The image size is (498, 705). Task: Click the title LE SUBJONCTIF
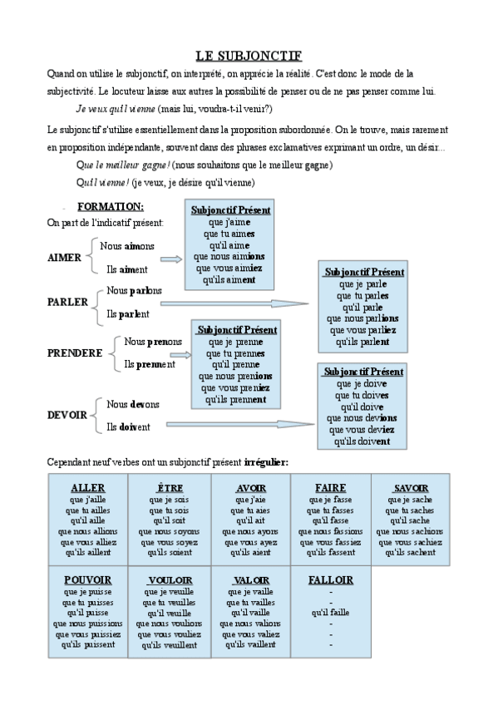(249, 57)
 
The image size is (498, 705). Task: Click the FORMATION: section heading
(111, 206)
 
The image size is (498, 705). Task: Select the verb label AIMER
(65, 258)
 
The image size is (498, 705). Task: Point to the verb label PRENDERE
(76, 352)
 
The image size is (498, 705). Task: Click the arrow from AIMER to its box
(170, 259)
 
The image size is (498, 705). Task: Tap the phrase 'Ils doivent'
(129, 426)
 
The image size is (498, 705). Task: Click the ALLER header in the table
(88, 487)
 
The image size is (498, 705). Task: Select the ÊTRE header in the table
(169, 487)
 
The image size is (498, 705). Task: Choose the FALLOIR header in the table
(330, 579)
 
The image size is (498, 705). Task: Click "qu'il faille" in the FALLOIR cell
(330, 612)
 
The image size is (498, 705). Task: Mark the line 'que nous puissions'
(87, 622)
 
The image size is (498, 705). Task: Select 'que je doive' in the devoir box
(362, 384)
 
